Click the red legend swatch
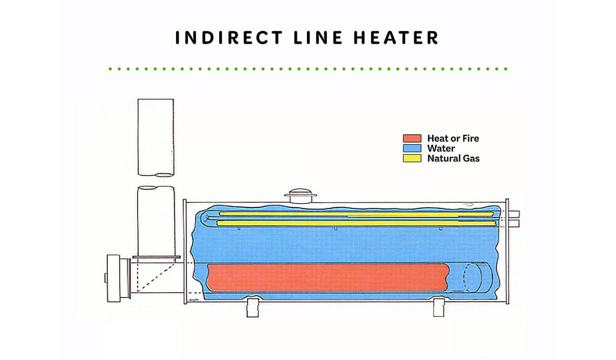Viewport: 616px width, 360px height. [x=412, y=138]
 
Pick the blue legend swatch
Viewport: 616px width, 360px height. [x=412, y=148]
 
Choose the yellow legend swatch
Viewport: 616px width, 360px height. [x=412, y=158]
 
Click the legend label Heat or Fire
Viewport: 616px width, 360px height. [x=453, y=138]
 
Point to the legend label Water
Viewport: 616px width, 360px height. [x=441, y=148]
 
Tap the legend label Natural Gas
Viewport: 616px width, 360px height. [x=453, y=158]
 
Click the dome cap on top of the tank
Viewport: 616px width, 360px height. [x=301, y=195]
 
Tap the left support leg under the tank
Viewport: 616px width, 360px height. [x=253, y=308]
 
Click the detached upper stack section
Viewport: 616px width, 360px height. [x=156, y=137]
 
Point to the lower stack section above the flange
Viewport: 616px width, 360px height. [x=156, y=221]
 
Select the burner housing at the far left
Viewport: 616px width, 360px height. [x=117, y=277]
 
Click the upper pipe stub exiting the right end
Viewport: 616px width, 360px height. [x=514, y=214]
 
